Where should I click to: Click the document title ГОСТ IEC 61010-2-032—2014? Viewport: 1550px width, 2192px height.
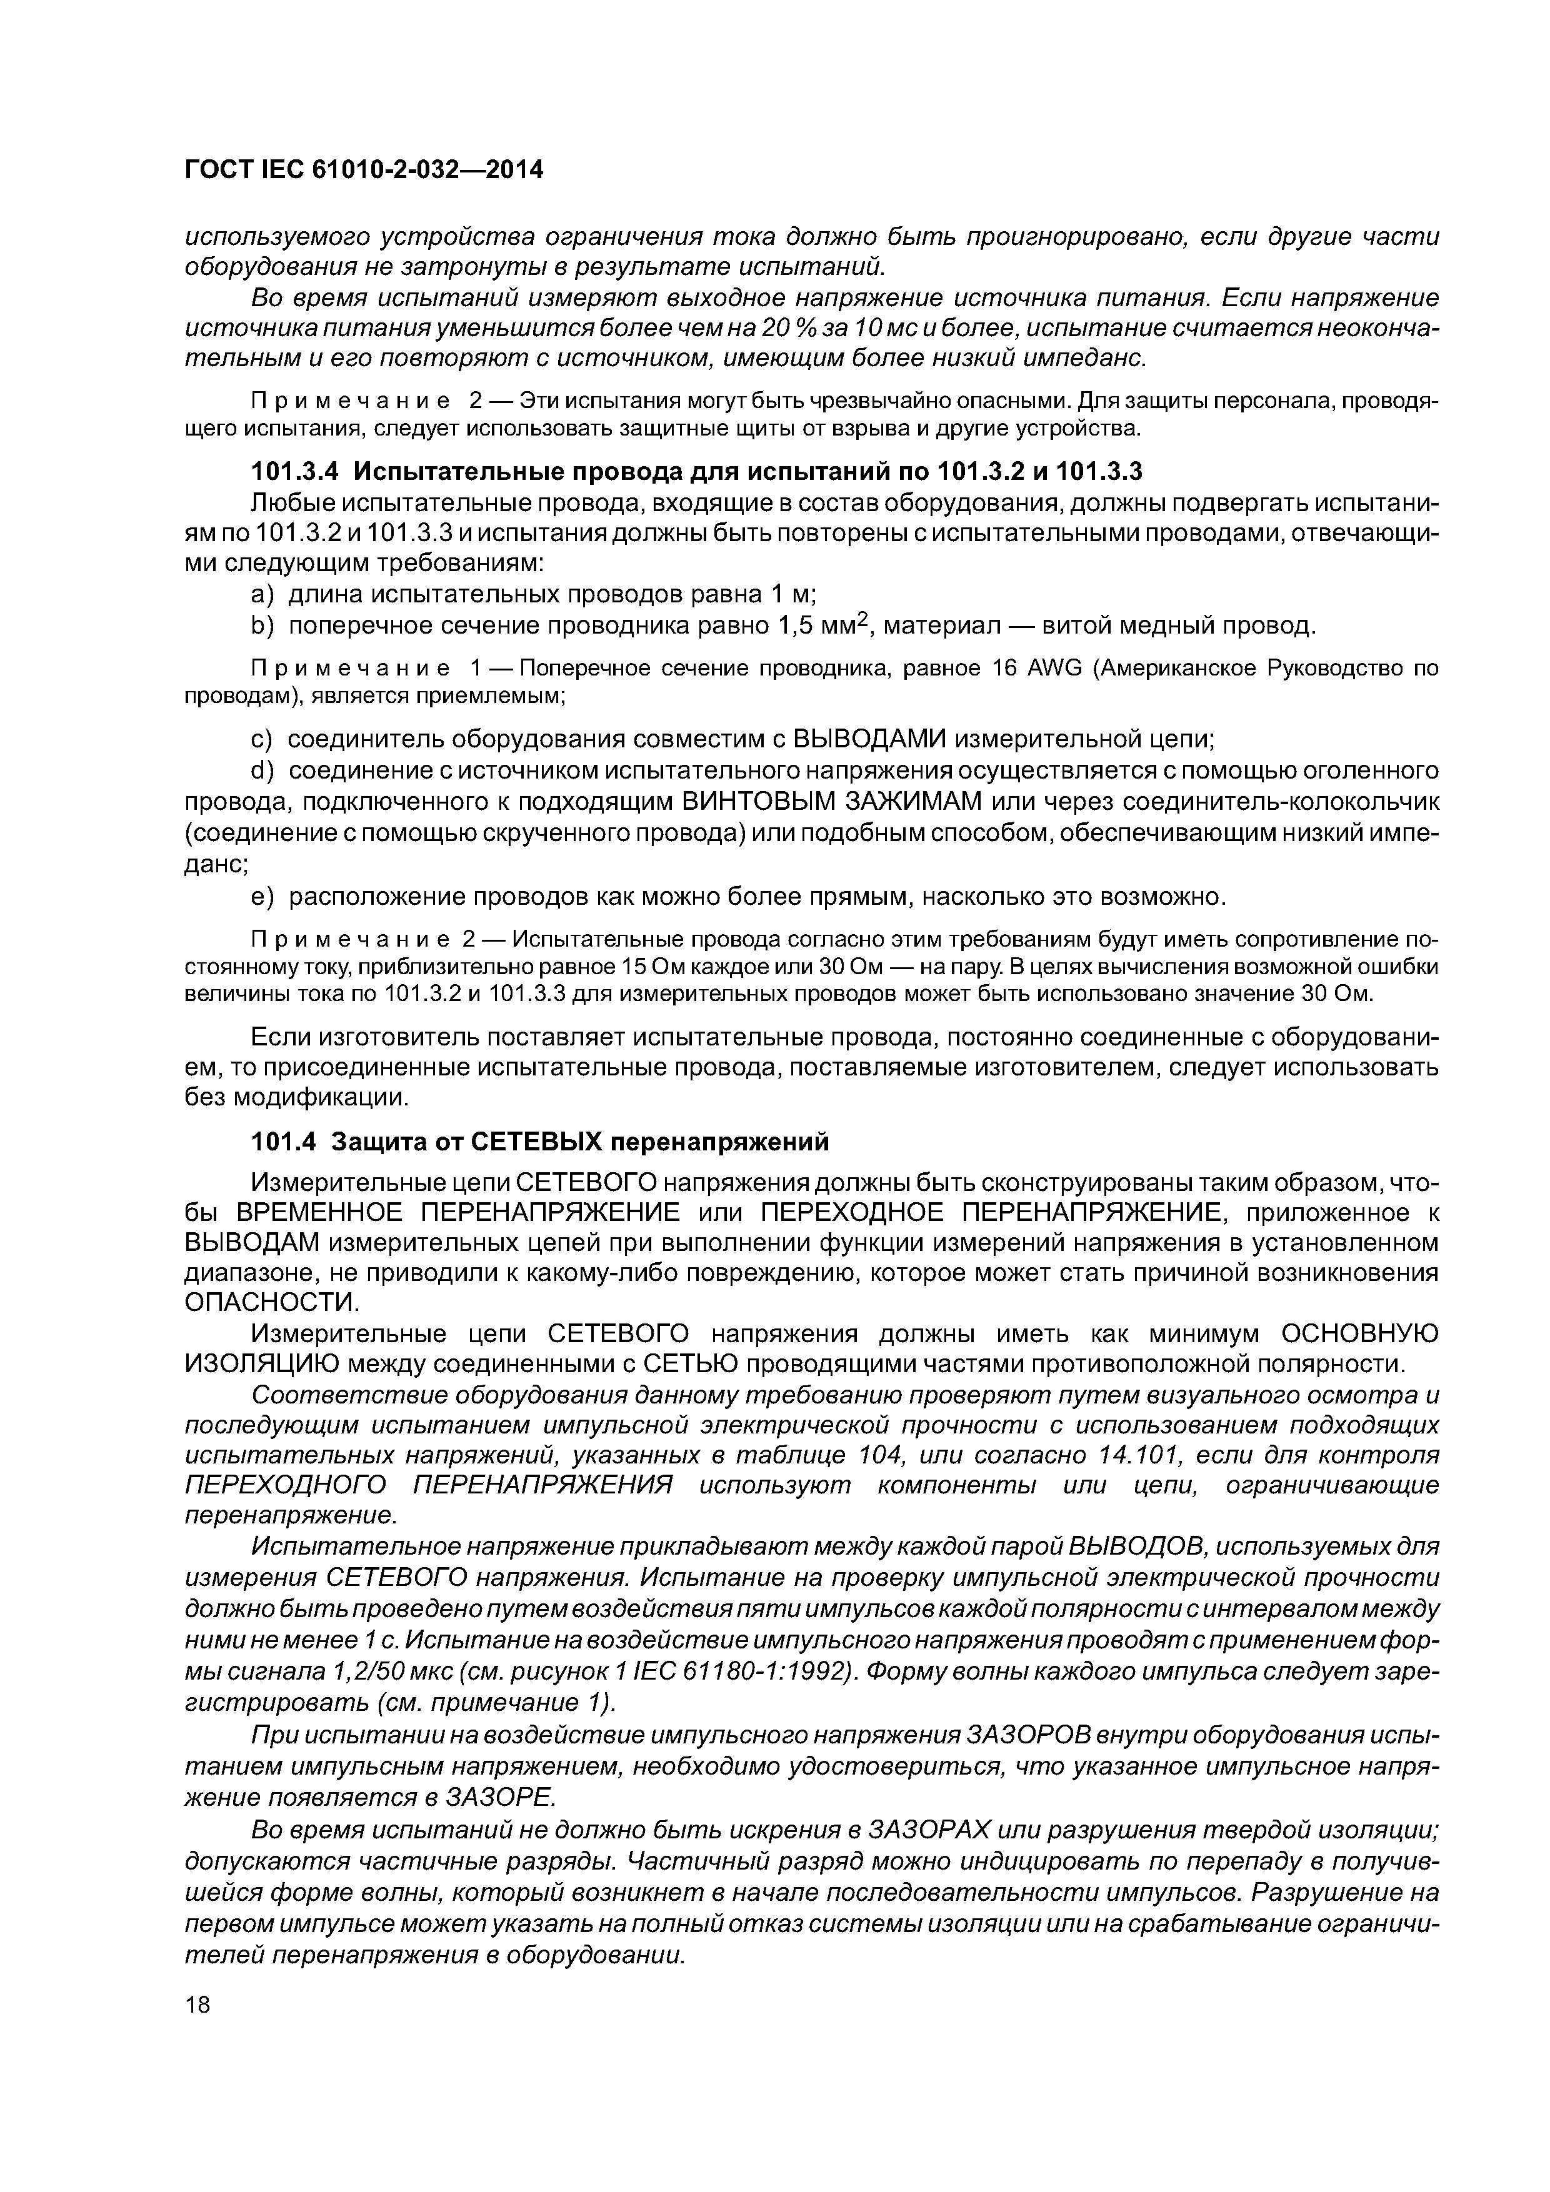coord(363,170)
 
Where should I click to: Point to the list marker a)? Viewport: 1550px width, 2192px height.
coord(262,595)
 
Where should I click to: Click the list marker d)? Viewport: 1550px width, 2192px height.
coord(262,770)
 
